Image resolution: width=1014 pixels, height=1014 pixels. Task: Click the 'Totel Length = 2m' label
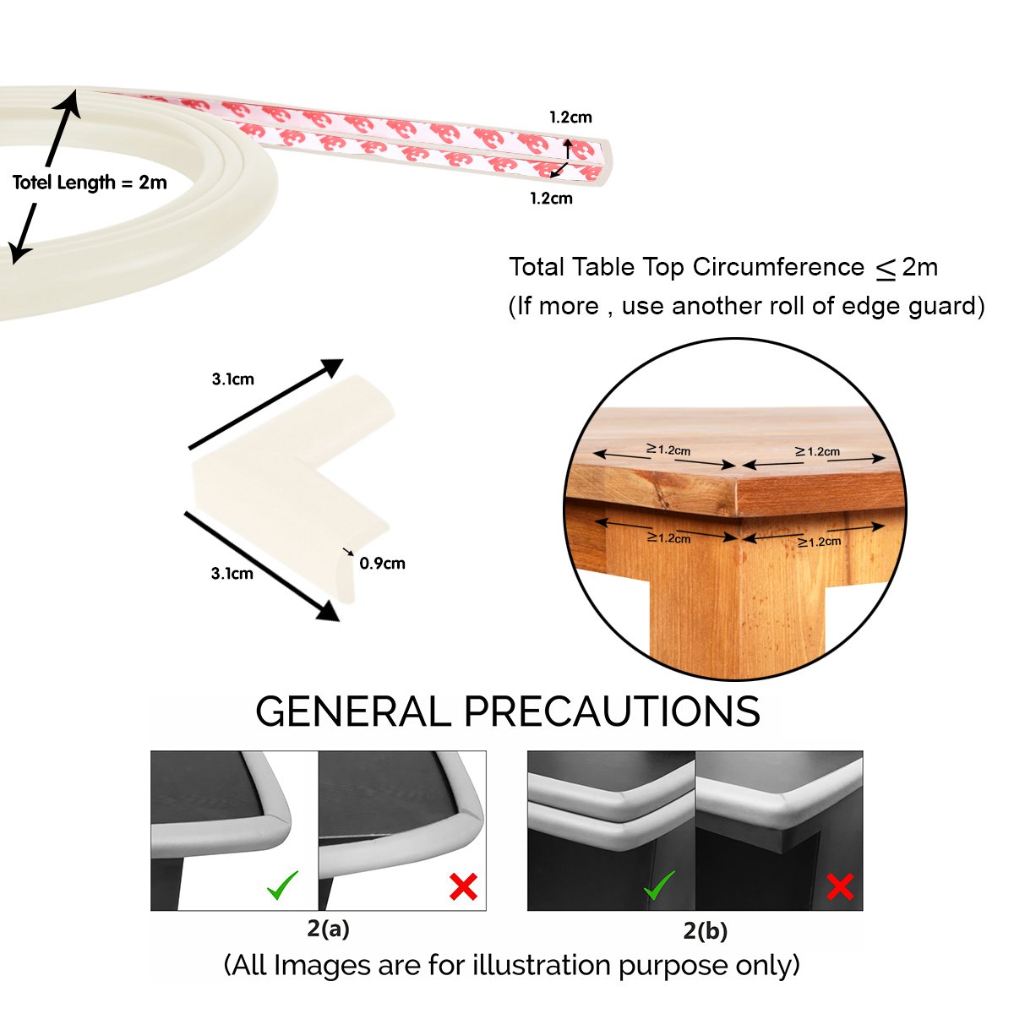[x=90, y=183]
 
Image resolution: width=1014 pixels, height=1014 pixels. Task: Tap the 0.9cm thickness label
[x=382, y=564]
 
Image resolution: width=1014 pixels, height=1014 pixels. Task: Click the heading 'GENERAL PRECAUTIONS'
[x=507, y=711]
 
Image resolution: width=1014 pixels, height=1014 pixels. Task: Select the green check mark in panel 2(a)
[x=282, y=886]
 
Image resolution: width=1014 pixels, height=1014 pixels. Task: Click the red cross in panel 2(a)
[x=463, y=886]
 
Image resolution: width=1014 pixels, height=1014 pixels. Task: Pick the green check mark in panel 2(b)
[x=659, y=886]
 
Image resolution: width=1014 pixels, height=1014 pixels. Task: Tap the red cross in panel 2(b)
[x=839, y=886]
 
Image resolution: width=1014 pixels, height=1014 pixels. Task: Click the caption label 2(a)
[x=328, y=929]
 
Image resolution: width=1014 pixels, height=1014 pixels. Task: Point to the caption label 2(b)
[x=705, y=931]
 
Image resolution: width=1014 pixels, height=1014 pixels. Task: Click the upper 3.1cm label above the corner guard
[x=232, y=379]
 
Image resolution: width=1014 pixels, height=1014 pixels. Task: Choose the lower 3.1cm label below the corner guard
[x=232, y=574]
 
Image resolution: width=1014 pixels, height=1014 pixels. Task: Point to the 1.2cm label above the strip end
[x=570, y=117]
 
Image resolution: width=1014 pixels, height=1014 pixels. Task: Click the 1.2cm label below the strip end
[x=551, y=199]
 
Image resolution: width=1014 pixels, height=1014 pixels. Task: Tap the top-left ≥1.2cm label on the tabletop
[x=668, y=450]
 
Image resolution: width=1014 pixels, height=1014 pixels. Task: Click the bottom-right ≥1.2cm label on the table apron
[x=819, y=542]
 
